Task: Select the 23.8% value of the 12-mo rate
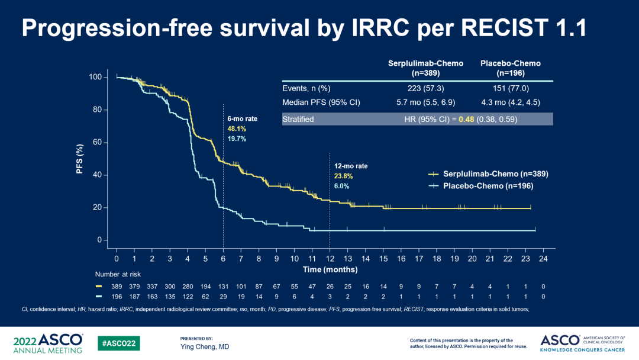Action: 343,176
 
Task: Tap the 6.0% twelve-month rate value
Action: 341,186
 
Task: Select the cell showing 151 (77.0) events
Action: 510,88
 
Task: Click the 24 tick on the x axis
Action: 543,259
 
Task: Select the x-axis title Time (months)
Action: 330,270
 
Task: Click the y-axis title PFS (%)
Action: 79,158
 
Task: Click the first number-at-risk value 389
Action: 117,287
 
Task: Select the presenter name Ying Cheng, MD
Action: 205,346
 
